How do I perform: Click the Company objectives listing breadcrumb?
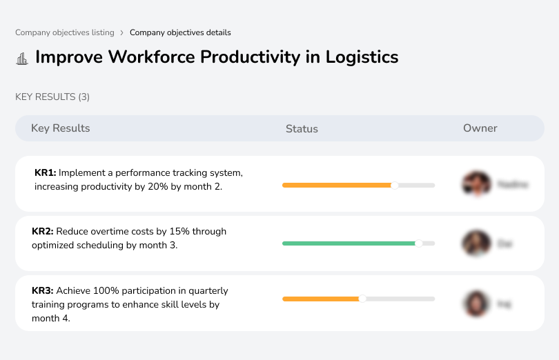pyautogui.click(x=64, y=32)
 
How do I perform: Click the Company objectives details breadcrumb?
pyautogui.click(x=180, y=32)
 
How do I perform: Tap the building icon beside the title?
pyautogui.click(x=22, y=58)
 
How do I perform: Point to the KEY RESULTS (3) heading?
pyautogui.click(x=52, y=97)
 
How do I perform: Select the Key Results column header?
pyautogui.click(x=60, y=128)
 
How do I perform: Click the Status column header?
pyautogui.click(x=302, y=129)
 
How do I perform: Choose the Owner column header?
pyautogui.click(x=480, y=128)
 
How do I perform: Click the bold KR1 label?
pyautogui.click(x=45, y=172)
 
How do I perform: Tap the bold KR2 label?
pyautogui.click(x=43, y=232)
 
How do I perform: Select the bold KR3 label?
pyautogui.click(x=43, y=291)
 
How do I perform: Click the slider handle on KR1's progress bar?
pyautogui.click(x=395, y=185)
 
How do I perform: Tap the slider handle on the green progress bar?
pyautogui.click(x=418, y=243)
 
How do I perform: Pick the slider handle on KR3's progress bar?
pyautogui.click(x=362, y=299)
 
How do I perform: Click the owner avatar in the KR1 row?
pyautogui.click(x=475, y=184)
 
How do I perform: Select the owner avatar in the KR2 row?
pyautogui.click(x=475, y=243)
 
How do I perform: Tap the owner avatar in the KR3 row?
pyautogui.click(x=475, y=303)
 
